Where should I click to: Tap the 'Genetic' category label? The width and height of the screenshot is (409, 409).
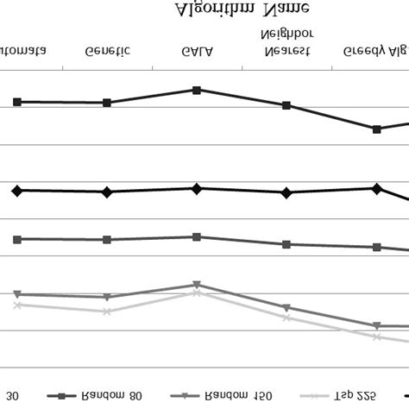point(108,51)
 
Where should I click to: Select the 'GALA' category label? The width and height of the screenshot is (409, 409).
point(198,51)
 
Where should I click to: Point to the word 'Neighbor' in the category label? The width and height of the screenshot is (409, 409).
point(286,34)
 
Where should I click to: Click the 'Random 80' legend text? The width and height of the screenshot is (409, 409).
point(111,395)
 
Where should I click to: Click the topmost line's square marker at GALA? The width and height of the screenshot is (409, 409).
point(198,90)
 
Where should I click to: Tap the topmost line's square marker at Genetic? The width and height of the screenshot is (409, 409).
point(107,103)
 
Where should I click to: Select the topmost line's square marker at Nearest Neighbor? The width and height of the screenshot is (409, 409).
point(286,105)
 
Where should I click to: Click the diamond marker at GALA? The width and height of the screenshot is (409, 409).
point(198,188)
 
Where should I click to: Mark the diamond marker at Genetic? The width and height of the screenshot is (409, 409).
point(107,192)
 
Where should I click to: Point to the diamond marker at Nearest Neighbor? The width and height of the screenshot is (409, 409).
point(286,192)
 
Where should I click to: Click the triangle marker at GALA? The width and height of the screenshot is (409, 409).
point(198,284)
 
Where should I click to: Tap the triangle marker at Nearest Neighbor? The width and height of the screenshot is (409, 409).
point(286,307)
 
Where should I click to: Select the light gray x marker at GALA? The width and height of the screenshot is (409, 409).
point(198,293)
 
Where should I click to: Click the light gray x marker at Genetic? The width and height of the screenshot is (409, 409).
point(107,311)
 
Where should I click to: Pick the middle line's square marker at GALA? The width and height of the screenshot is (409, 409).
point(198,236)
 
